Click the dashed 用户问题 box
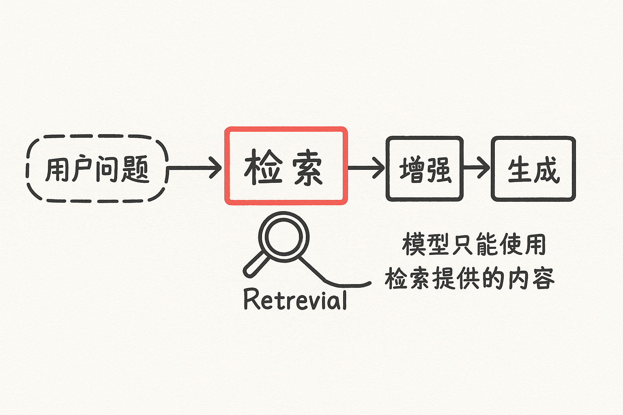coord(97,169)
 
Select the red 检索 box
coord(286,166)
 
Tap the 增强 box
coord(424,169)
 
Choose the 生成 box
coord(533,169)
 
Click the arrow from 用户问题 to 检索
coord(195,167)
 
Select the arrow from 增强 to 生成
coord(477,167)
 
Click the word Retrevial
coord(295,300)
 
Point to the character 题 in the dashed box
coord(135,169)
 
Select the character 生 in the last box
coord(520,169)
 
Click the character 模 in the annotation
coord(413,244)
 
